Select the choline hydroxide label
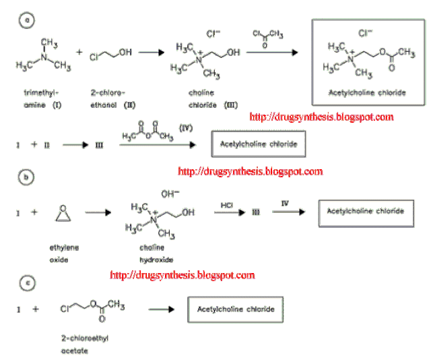156,253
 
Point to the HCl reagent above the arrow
226,202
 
